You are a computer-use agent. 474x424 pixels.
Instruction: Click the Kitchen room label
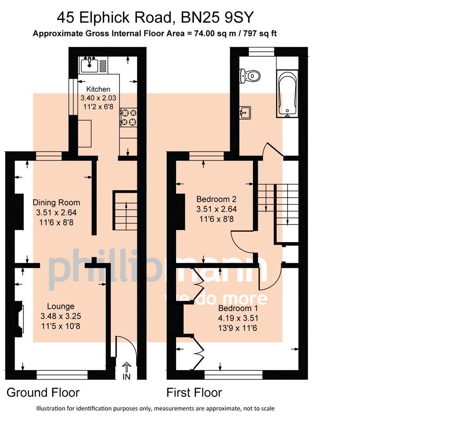pos(98,89)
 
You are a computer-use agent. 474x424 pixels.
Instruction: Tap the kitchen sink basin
pos(89,66)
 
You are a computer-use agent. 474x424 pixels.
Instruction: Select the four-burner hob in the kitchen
pos(128,117)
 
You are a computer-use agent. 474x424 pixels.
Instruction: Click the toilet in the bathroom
pos(250,76)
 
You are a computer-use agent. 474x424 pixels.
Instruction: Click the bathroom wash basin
pos(245,113)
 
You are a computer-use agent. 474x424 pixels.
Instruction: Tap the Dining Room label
pos(56,202)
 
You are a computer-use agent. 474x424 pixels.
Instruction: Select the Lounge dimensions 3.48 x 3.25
pos(60,316)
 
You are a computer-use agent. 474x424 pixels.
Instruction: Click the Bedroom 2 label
pos(216,199)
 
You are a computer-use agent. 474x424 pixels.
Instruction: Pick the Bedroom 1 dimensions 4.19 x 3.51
pos(238,318)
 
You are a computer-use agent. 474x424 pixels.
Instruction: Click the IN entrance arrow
pos(126,367)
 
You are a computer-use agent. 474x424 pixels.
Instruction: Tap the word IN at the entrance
pos(126,377)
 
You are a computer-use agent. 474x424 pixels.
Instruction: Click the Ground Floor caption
pos(43,393)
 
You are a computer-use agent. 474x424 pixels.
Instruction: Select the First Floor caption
pos(194,393)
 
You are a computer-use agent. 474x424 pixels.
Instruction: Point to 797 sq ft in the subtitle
pos(260,33)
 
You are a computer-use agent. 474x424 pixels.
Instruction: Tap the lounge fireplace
pos(19,319)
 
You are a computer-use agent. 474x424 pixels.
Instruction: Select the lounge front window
pos(62,375)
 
